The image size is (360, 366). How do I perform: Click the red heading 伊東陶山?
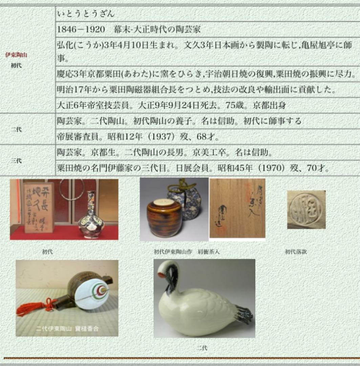pyautogui.click(x=16, y=55)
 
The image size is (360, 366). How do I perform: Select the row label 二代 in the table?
pyautogui.click(x=16, y=129)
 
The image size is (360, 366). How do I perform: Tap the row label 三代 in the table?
pyautogui.click(x=16, y=161)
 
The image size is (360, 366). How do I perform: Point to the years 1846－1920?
pyautogui.click(x=81, y=29)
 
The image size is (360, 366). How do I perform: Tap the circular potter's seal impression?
pyautogui.click(x=306, y=209)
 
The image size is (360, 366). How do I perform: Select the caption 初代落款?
pyautogui.click(x=296, y=252)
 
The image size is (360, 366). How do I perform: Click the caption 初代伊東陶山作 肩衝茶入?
pyautogui.click(x=184, y=252)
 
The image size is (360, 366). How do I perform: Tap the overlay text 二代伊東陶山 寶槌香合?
pyautogui.click(x=67, y=328)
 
